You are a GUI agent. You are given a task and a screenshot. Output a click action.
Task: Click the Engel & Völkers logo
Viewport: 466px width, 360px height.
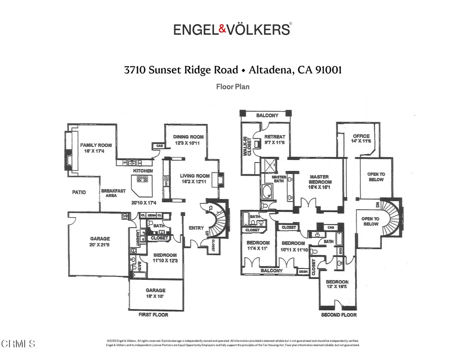pyautogui.click(x=233, y=30)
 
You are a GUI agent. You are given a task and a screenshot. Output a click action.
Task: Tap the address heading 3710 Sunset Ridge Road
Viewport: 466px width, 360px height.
pyautogui.click(x=181, y=70)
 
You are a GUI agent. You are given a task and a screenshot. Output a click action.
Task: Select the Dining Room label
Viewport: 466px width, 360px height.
pyautogui.click(x=188, y=137)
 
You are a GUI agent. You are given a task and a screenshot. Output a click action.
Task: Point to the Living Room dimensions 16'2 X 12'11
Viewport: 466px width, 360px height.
pyautogui.click(x=195, y=182)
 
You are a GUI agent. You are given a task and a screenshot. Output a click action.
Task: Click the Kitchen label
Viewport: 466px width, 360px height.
pyautogui.click(x=142, y=171)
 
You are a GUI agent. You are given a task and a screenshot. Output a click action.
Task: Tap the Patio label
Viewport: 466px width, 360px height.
pyautogui.click(x=79, y=193)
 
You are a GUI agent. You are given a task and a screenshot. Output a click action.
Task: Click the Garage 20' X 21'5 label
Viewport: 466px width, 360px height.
pyautogui.click(x=100, y=242)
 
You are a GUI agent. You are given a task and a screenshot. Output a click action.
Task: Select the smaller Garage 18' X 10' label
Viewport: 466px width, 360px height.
pyautogui.click(x=155, y=293)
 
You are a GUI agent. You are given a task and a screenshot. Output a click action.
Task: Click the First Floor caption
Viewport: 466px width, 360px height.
pyautogui.click(x=153, y=314)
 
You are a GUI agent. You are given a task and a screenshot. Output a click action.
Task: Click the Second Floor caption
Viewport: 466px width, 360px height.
pyautogui.click(x=339, y=314)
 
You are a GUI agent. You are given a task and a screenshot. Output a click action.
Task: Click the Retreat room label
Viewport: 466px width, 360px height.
pyautogui.click(x=275, y=137)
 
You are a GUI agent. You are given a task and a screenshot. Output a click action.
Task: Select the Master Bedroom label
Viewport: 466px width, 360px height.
pyautogui.click(x=319, y=179)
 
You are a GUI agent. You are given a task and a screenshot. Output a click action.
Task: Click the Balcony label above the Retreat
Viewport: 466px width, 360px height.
pyautogui.click(x=267, y=116)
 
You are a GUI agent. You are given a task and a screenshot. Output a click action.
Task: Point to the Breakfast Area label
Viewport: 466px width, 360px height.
pyautogui.click(x=113, y=193)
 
